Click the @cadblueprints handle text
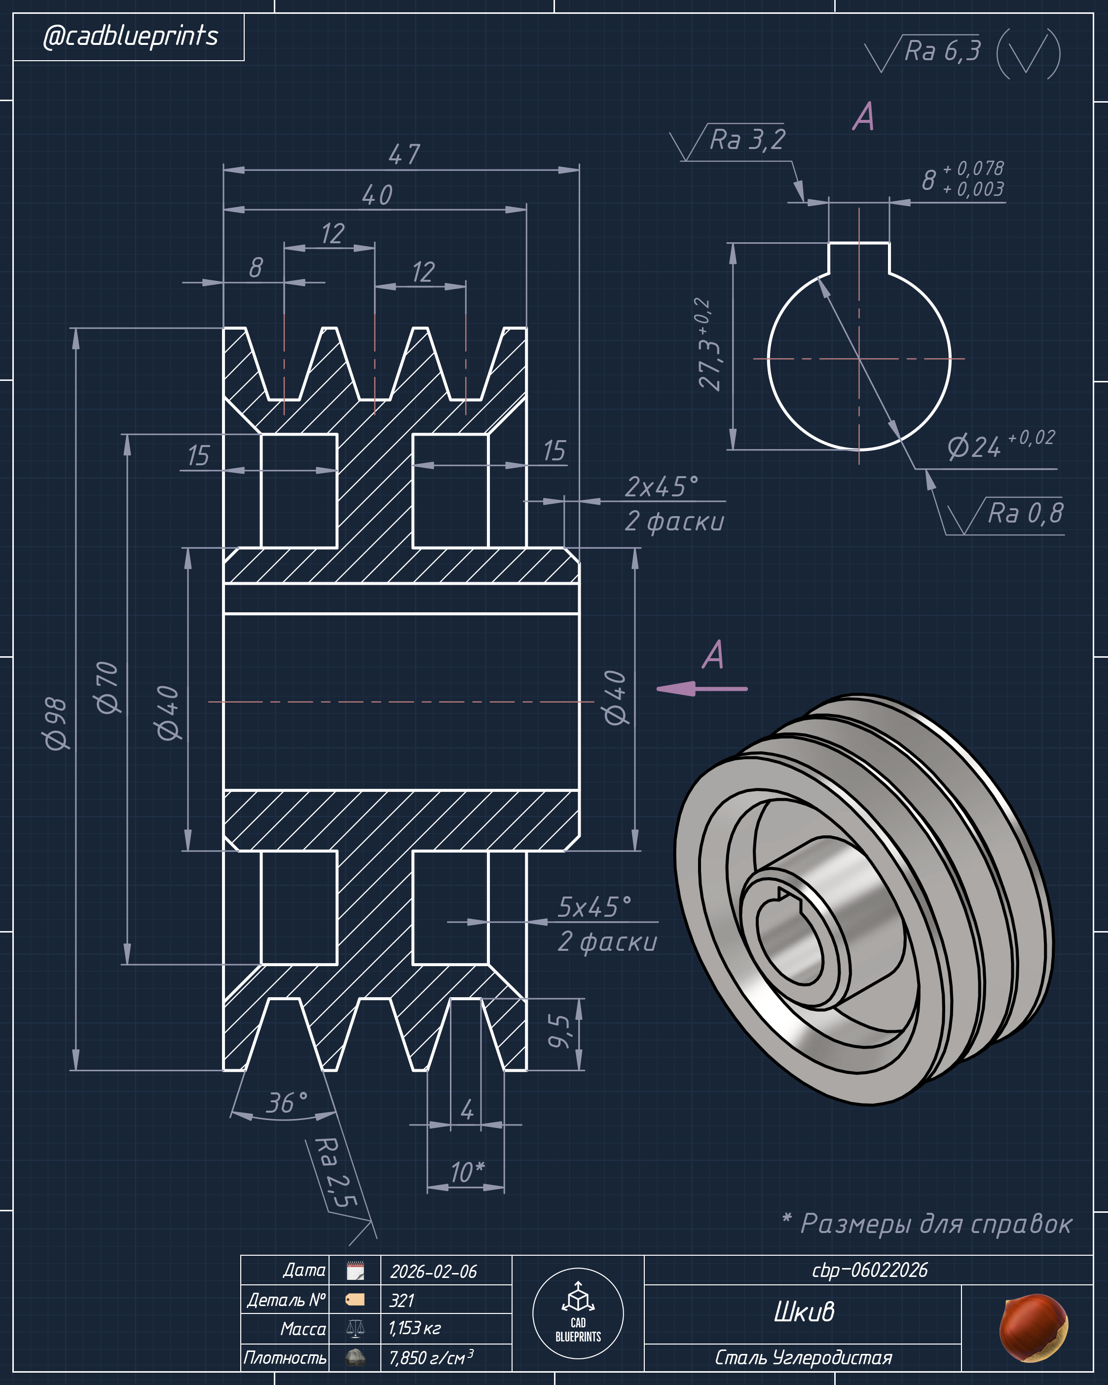tap(130, 36)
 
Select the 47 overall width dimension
tap(404, 154)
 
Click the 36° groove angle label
tap(287, 1102)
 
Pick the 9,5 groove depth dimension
tap(559, 1031)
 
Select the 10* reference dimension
tap(467, 1172)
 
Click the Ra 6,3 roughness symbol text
tap(942, 51)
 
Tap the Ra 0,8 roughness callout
tap(1025, 513)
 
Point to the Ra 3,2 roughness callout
tap(747, 140)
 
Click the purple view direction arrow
tap(702, 689)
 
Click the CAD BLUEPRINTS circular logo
tap(578, 1313)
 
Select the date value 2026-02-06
tap(434, 1272)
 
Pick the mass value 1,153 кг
tap(414, 1328)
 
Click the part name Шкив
tap(804, 1311)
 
